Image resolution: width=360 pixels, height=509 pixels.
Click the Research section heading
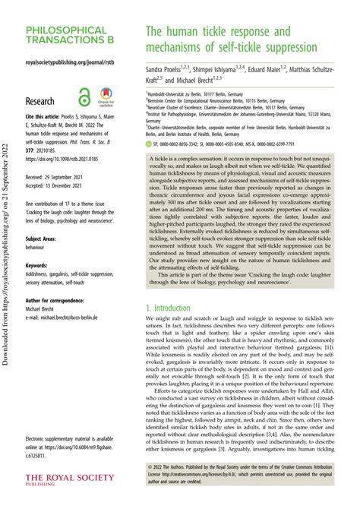pyautogui.click(x=40, y=100)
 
